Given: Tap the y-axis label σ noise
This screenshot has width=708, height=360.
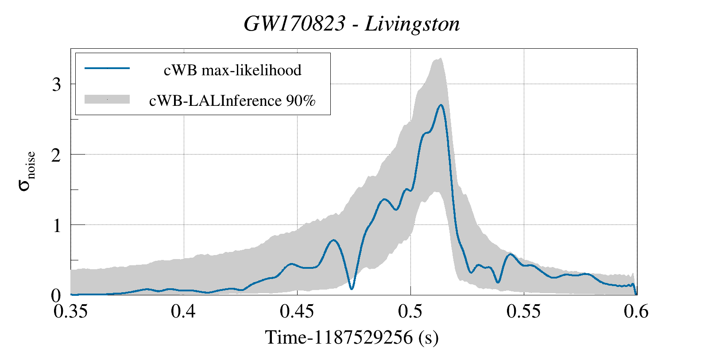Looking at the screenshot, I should tap(27, 171).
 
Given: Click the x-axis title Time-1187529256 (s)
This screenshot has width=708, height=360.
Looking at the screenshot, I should tap(352, 337).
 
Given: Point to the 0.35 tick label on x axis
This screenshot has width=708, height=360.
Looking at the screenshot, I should tap(70, 311).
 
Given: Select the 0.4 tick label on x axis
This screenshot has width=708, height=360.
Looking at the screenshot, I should tap(184, 311).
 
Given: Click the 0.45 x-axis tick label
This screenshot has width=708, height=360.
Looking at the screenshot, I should tap(297, 311).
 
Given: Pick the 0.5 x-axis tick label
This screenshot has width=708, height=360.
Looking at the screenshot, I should tap(410, 311).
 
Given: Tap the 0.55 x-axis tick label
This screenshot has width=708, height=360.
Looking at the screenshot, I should tap(524, 311).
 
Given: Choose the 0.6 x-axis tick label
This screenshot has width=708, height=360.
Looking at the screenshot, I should tap(636, 311).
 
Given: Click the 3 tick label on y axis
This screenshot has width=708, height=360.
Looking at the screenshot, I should tap(56, 85).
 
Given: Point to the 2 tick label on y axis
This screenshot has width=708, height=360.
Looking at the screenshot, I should tap(56, 155).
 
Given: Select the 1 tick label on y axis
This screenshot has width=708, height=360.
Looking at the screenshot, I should tap(56, 225).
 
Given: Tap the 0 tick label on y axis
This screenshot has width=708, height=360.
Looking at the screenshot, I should tap(56, 295).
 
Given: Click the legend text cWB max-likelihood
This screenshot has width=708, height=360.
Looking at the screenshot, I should tap(232, 70).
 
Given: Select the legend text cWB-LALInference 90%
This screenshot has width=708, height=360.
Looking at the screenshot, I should tap(232, 101).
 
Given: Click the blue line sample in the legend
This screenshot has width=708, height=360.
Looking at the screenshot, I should tap(107, 68).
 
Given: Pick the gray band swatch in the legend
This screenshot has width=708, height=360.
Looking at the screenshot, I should tap(107, 99).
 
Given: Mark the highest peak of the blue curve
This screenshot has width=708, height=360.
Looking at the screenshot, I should tap(441, 105).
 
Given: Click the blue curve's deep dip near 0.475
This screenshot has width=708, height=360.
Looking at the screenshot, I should tap(352, 289).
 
